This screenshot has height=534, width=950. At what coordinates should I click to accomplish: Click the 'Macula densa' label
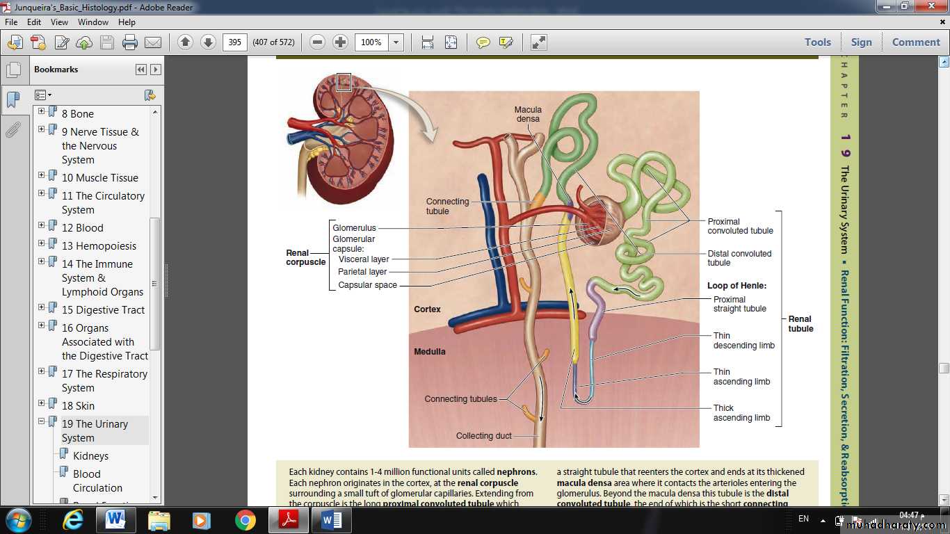tap(528, 114)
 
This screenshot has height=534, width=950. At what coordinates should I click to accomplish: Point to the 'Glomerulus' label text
tap(354, 228)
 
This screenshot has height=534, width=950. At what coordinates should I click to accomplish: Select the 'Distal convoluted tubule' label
tap(739, 258)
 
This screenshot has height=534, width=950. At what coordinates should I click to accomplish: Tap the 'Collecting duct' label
tap(483, 435)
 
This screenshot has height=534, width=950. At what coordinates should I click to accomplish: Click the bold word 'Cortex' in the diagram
tap(427, 309)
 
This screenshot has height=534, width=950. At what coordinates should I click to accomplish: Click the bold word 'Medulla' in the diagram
tap(430, 352)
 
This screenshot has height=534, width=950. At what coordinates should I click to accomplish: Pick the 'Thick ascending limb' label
tap(741, 413)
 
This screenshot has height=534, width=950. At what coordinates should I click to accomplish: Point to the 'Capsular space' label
tap(367, 285)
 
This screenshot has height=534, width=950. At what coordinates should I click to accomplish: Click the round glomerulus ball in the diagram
tap(598, 220)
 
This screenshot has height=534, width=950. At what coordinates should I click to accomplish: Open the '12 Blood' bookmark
tap(82, 228)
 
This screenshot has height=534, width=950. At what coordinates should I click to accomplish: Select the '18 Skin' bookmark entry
tap(78, 406)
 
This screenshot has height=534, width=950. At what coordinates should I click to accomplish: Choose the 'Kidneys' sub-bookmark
tap(91, 456)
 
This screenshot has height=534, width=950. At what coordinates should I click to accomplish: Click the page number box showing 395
tap(234, 42)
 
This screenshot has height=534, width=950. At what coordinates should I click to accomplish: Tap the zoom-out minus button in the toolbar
tap(317, 42)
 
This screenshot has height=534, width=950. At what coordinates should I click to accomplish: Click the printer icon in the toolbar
tap(130, 42)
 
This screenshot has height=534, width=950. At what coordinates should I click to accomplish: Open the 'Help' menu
tap(127, 22)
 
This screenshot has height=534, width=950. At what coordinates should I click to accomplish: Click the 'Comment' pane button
tap(916, 42)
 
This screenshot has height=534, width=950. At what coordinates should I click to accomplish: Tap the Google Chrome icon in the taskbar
tap(245, 520)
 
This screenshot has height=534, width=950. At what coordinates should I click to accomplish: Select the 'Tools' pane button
tap(818, 42)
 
